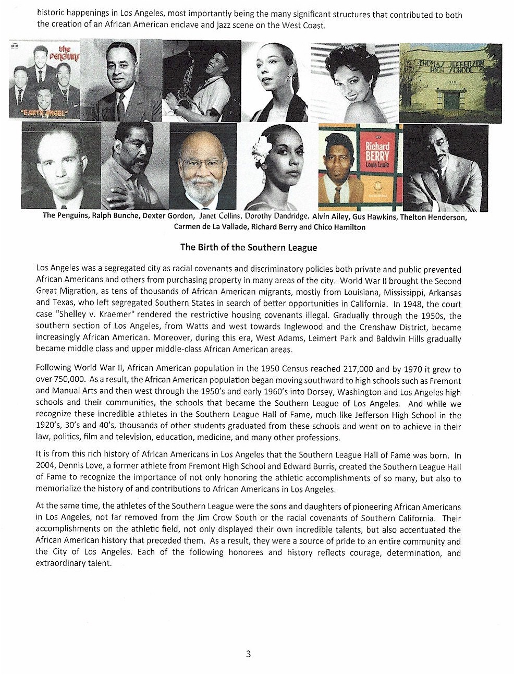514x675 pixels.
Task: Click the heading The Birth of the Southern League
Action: [x=248, y=247]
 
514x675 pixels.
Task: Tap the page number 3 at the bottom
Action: [x=248, y=654]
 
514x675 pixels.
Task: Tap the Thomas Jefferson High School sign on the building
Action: [x=451, y=67]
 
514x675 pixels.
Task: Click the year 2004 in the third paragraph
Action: [x=45, y=467]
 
